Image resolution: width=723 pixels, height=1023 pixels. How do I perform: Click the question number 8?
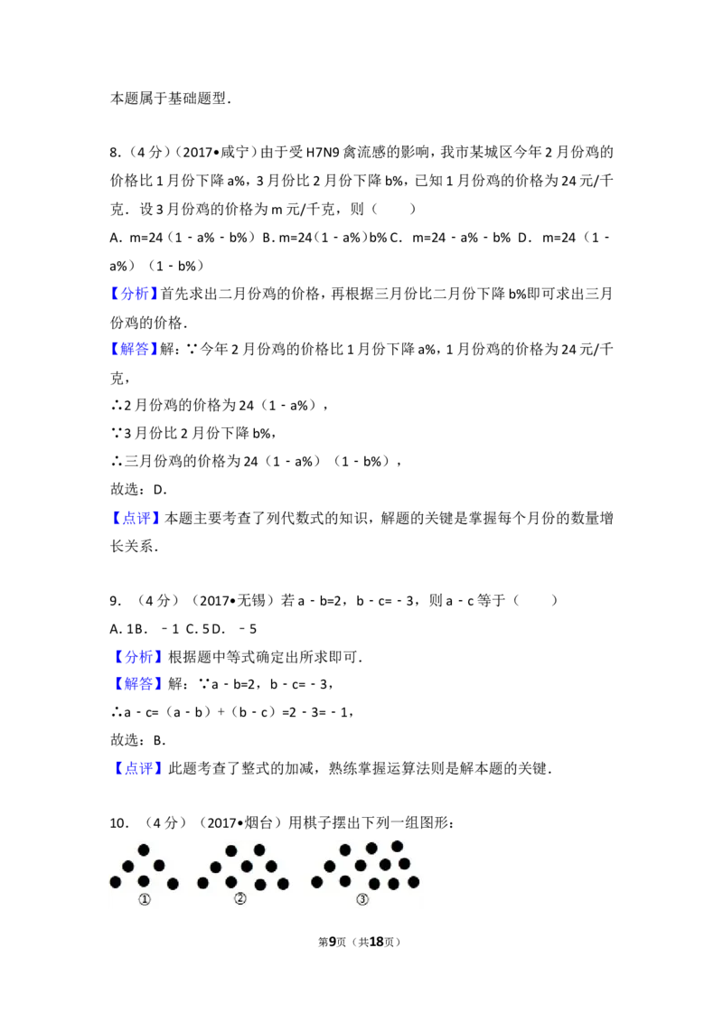click(115, 153)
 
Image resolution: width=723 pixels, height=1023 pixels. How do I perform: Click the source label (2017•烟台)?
click(239, 822)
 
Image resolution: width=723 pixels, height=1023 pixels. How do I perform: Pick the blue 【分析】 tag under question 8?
click(135, 294)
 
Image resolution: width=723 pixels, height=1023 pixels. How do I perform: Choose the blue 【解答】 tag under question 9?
click(137, 684)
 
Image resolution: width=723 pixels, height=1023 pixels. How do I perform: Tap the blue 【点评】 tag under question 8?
click(136, 518)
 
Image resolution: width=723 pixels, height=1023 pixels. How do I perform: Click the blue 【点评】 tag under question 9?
click(137, 768)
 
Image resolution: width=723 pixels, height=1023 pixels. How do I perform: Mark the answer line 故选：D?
click(138, 489)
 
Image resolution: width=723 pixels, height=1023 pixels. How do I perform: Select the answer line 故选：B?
click(137, 740)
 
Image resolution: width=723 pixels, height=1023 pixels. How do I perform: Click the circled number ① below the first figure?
click(145, 899)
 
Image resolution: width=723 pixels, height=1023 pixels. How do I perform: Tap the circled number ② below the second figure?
click(240, 898)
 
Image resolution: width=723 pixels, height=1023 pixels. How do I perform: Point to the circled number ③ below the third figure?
click(362, 899)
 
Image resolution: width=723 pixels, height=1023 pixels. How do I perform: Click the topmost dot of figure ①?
click(144, 849)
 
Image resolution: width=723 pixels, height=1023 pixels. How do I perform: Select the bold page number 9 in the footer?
click(333, 942)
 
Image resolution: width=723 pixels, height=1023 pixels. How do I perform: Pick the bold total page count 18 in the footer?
click(377, 942)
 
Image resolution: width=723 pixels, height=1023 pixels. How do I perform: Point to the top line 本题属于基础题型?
click(170, 99)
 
